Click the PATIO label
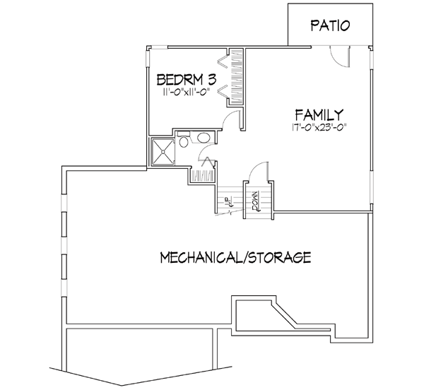(x=331, y=27)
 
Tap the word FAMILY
(x=319, y=114)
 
